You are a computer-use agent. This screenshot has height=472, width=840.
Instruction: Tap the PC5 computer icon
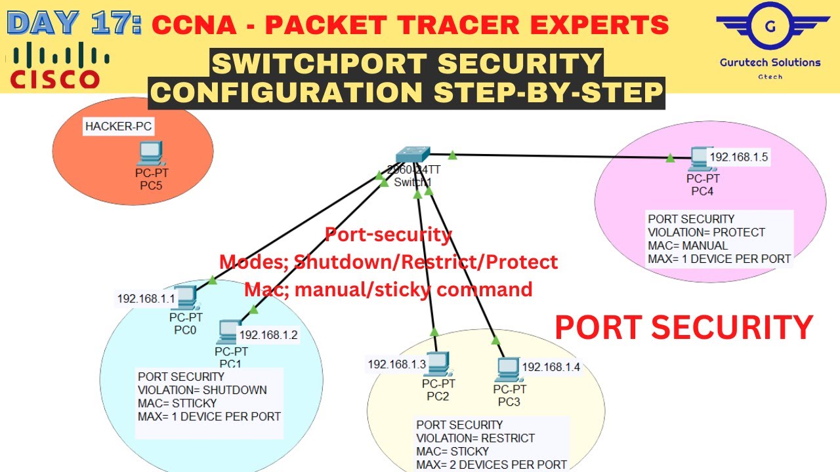click(x=150, y=153)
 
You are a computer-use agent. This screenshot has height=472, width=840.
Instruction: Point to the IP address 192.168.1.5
click(x=739, y=157)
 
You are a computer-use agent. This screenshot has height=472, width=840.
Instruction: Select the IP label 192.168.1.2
click(x=268, y=335)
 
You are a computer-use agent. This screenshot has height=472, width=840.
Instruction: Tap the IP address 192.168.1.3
click(x=397, y=364)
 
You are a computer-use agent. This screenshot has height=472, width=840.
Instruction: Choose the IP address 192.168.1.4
click(x=551, y=367)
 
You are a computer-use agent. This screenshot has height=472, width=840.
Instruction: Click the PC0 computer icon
click(x=186, y=300)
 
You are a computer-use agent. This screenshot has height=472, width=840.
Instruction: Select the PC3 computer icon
click(x=508, y=370)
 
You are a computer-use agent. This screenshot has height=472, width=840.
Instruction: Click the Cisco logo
click(x=55, y=66)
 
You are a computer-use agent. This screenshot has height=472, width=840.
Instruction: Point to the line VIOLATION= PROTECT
click(x=706, y=232)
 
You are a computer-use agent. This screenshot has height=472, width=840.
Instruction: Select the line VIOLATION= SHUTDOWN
click(x=202, y=390)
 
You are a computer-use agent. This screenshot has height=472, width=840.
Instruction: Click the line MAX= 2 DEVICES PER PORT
click(x=492, y=465)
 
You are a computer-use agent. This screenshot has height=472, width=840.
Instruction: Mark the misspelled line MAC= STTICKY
click(x=177, y=403)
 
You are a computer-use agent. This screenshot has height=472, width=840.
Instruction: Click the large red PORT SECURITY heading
click(x=684, y=327)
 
